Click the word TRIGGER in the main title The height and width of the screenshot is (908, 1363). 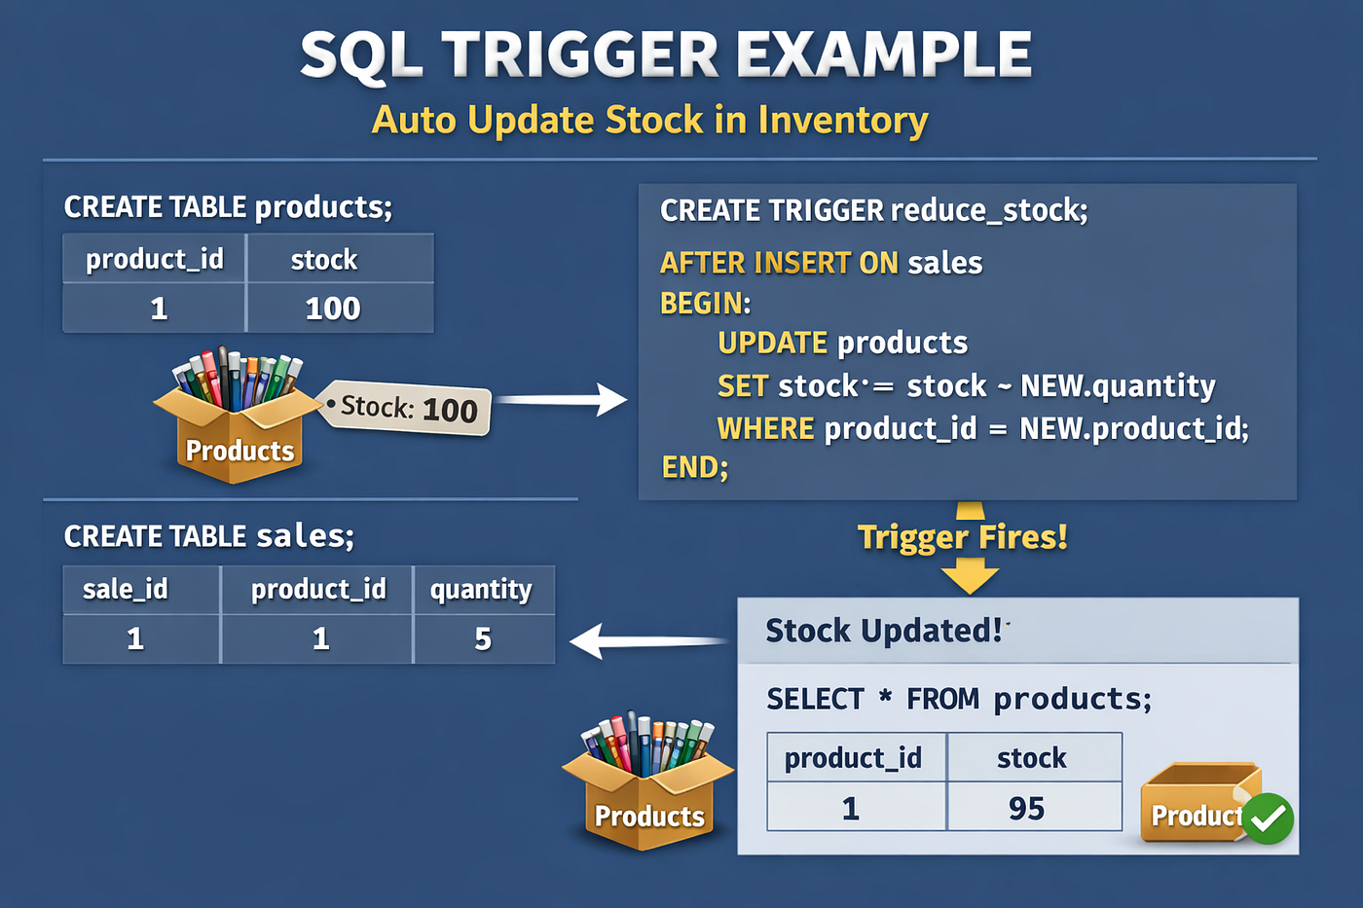(x=580, y=54)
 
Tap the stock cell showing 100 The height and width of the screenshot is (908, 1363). (x=340, y=308)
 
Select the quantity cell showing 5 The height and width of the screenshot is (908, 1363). (x=484, y=638)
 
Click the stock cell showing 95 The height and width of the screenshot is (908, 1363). (x=1034, y=807)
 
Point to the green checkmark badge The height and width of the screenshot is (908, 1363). (x=1268, y=818)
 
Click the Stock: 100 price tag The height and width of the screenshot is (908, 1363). (x=405, y=408)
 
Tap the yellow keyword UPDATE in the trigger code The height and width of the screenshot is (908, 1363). (x=772, y=343)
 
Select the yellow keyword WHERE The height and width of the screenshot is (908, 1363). (x=765, y=429)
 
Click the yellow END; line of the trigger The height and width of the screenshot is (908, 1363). (x=694, y=467)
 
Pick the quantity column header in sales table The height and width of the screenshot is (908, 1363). (x=481, y=590)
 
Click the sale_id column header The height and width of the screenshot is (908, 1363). (x=126, y=589)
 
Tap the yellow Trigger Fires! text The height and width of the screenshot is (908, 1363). (x=963, y=537)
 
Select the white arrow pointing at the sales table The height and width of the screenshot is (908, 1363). (x=648, y=641)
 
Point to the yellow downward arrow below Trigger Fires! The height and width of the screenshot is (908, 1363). (x=970, y=581)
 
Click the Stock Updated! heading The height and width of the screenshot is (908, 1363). (x=883, y=631)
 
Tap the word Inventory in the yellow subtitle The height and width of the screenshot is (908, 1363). (x=843, y=121)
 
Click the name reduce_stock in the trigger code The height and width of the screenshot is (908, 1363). (x=989, y=211)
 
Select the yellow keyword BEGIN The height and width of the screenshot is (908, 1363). (x=706, y=303)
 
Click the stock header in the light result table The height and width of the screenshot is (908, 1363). (x=1031, y=758)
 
